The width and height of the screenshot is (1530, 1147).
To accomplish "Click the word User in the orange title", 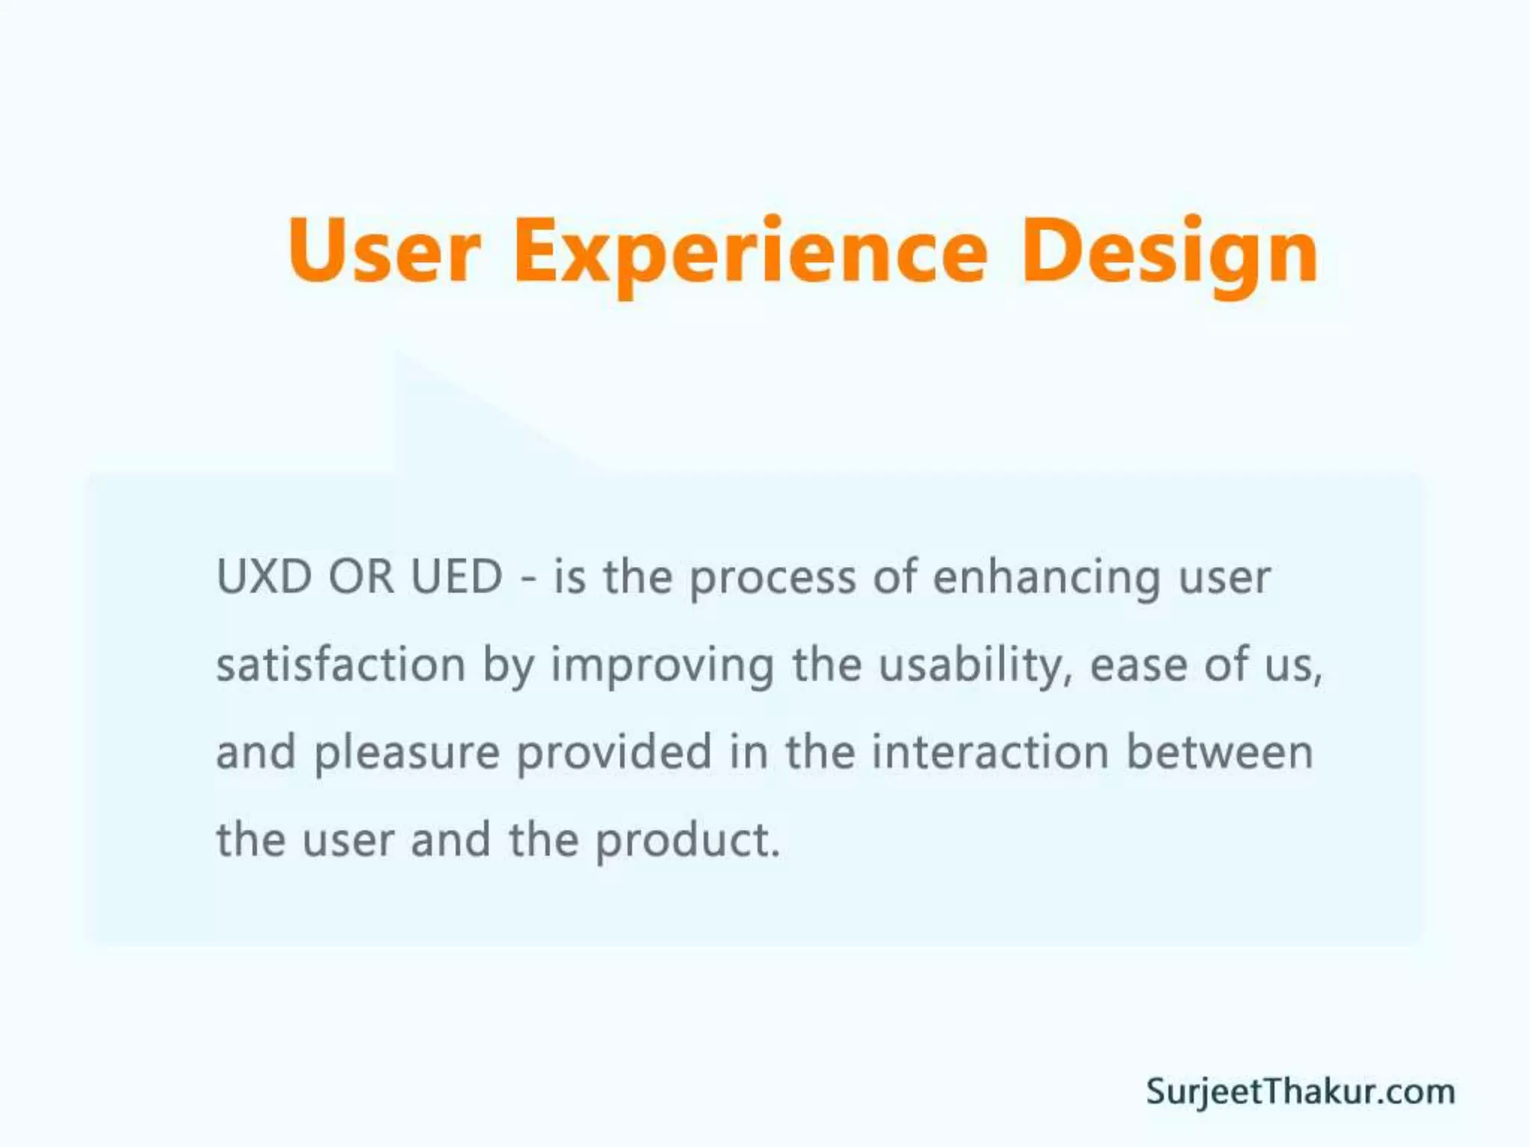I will (x=384, y=250).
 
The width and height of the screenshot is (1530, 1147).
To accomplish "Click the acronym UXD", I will (x=264, y=577).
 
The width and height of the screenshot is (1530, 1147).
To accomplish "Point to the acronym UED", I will (x=456, y=577).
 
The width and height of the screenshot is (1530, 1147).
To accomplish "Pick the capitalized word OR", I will (x=361, y=577).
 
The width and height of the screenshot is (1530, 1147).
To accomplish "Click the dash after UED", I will (x=528, y=579).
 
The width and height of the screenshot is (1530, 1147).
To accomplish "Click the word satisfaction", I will (x=341, y=665).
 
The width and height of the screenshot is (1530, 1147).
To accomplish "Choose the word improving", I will (x=662, y=667).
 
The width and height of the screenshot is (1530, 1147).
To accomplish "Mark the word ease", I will (x=1138, y=666).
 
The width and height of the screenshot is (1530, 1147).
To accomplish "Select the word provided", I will (x=614, y=753).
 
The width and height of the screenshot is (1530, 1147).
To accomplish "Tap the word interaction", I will (x=990, y=752).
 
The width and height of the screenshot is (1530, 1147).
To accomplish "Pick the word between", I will (x=1219, y=752).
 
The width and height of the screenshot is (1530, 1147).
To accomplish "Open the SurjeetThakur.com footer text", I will (x=1300, y=1092).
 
